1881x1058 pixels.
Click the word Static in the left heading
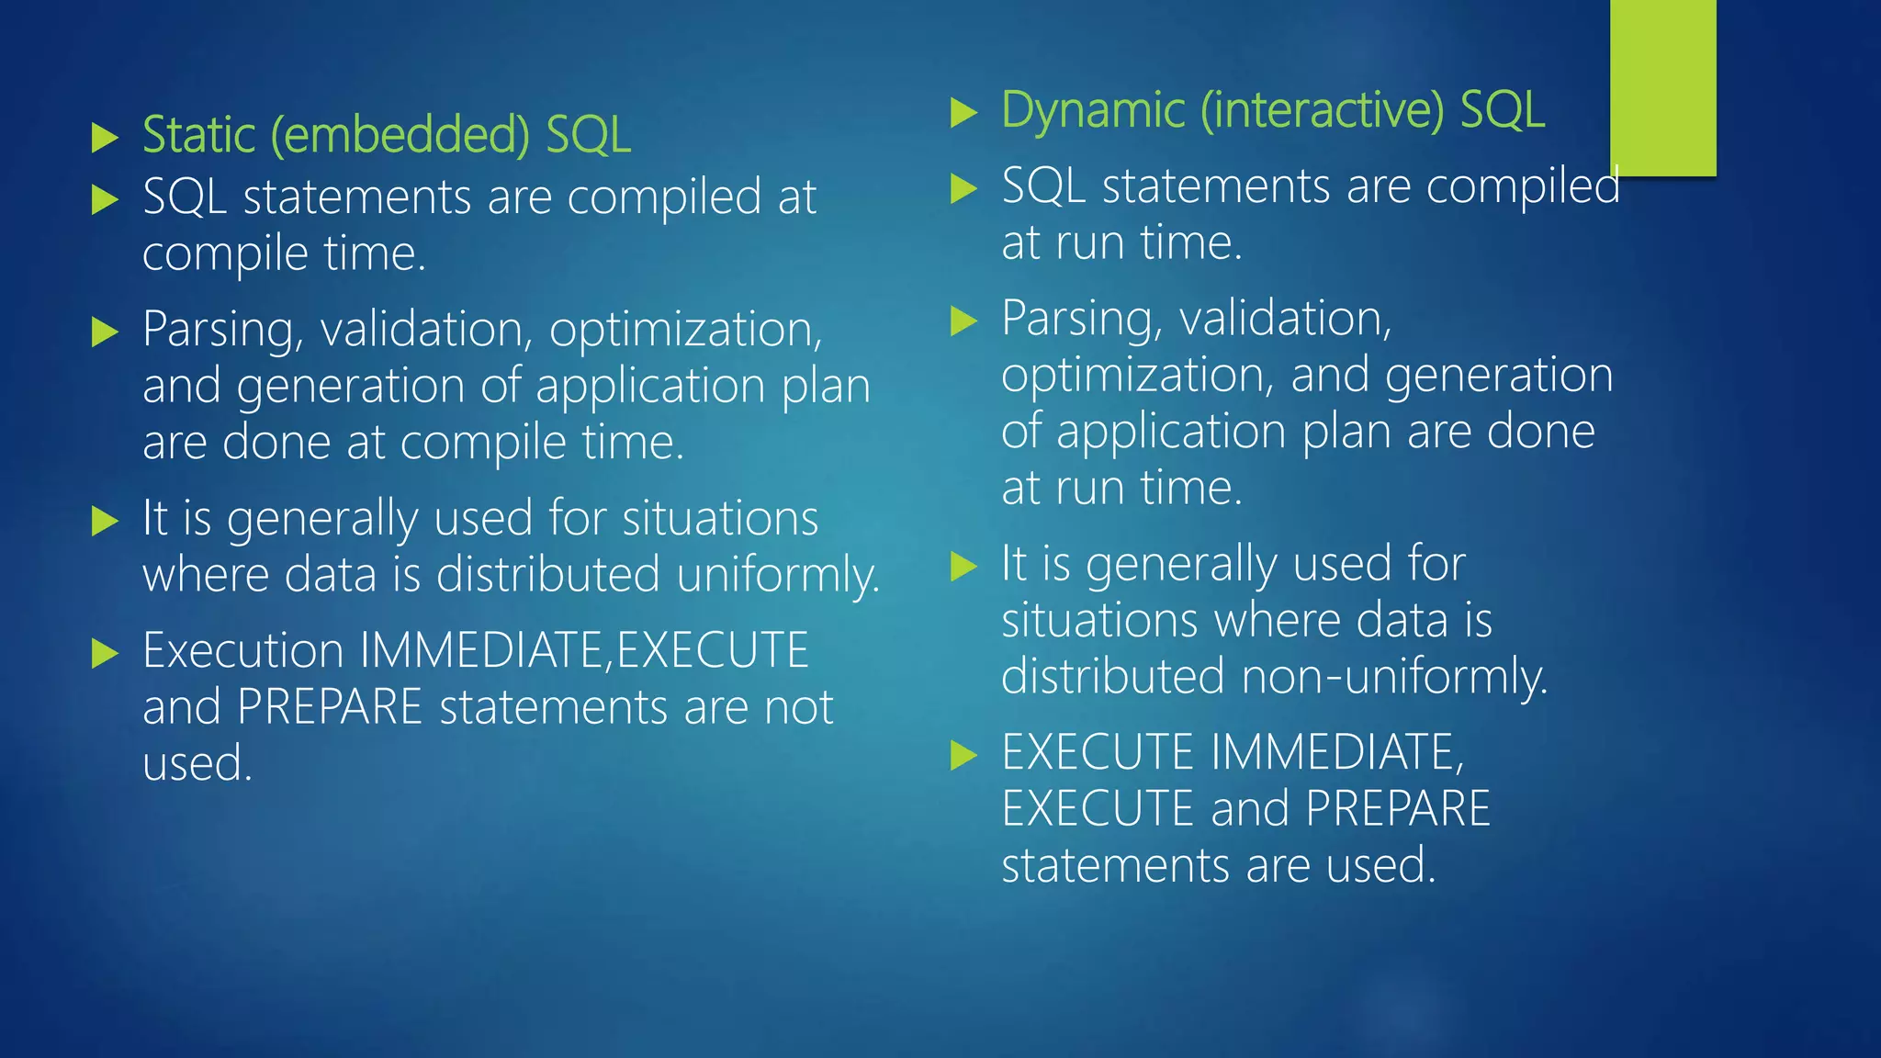coord(198,136)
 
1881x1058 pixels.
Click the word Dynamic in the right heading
coord(1093,111)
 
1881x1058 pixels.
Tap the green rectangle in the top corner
coord(1662,87)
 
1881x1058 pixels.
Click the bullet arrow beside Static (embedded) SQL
coord(106,139)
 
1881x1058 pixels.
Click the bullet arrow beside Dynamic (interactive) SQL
coord(963,113)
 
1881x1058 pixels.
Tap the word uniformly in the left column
coord(778,576)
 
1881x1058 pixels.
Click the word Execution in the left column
coord(243,651)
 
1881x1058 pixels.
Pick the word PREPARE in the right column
coord(1398,809)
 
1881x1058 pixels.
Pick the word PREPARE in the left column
coord(329,708)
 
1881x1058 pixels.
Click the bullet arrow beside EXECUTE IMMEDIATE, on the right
coord(963,756)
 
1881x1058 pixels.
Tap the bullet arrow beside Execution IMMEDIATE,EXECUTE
coord(106,655)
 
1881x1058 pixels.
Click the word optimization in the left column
coord(685,330)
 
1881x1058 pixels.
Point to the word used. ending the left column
coord(197,764)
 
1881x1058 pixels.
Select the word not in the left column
coord(799,708)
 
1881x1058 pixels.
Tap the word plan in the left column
coord(826,387)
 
